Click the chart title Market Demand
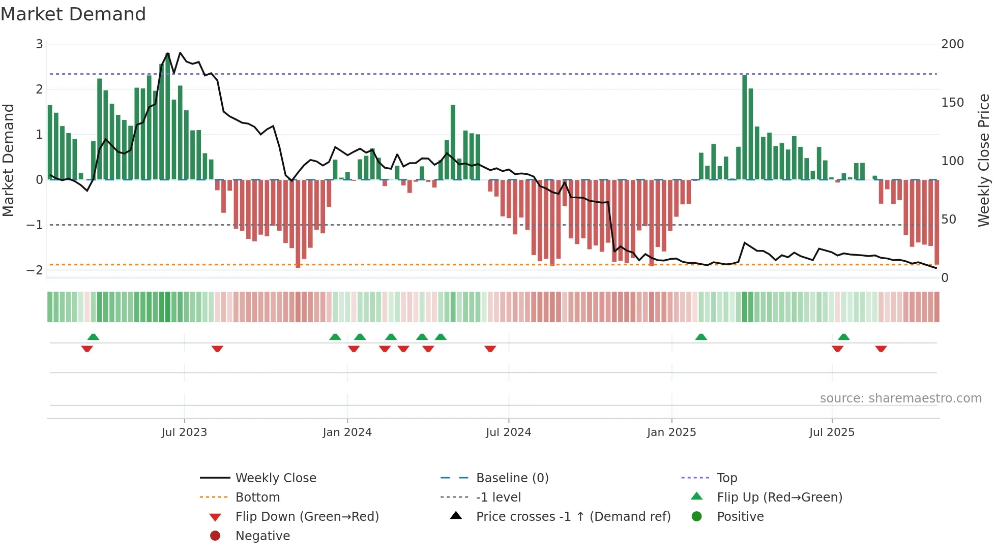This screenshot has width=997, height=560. click(x=73, y=14)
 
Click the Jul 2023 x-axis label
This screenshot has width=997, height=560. click(x=184, y=432)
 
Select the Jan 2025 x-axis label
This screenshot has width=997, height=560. click(x=671, y=432)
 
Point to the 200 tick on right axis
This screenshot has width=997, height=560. click(x=952, y=44)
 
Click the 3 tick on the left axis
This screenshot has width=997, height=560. click(x=39, y=44)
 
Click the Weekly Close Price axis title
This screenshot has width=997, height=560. click(x=983, y=160)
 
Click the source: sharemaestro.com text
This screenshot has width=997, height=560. click(x=900, y=398)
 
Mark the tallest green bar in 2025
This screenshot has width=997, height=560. click(x=745, y=127)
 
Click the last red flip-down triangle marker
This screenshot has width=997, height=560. click(x=881, y=349)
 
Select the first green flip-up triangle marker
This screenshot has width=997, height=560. click(x=93, y=337)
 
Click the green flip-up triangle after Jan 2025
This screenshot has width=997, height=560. click(x=701, y=337)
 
